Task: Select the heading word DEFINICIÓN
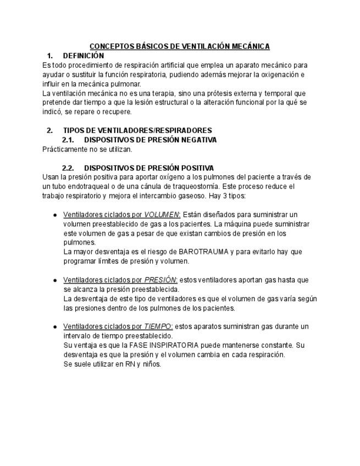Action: [84, 56]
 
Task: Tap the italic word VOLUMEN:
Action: [162, 214]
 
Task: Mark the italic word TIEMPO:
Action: [158, 326]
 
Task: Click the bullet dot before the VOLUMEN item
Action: [55, 215]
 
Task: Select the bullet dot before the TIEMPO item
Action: [55, 327]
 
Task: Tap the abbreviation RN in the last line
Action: [130, 364]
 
